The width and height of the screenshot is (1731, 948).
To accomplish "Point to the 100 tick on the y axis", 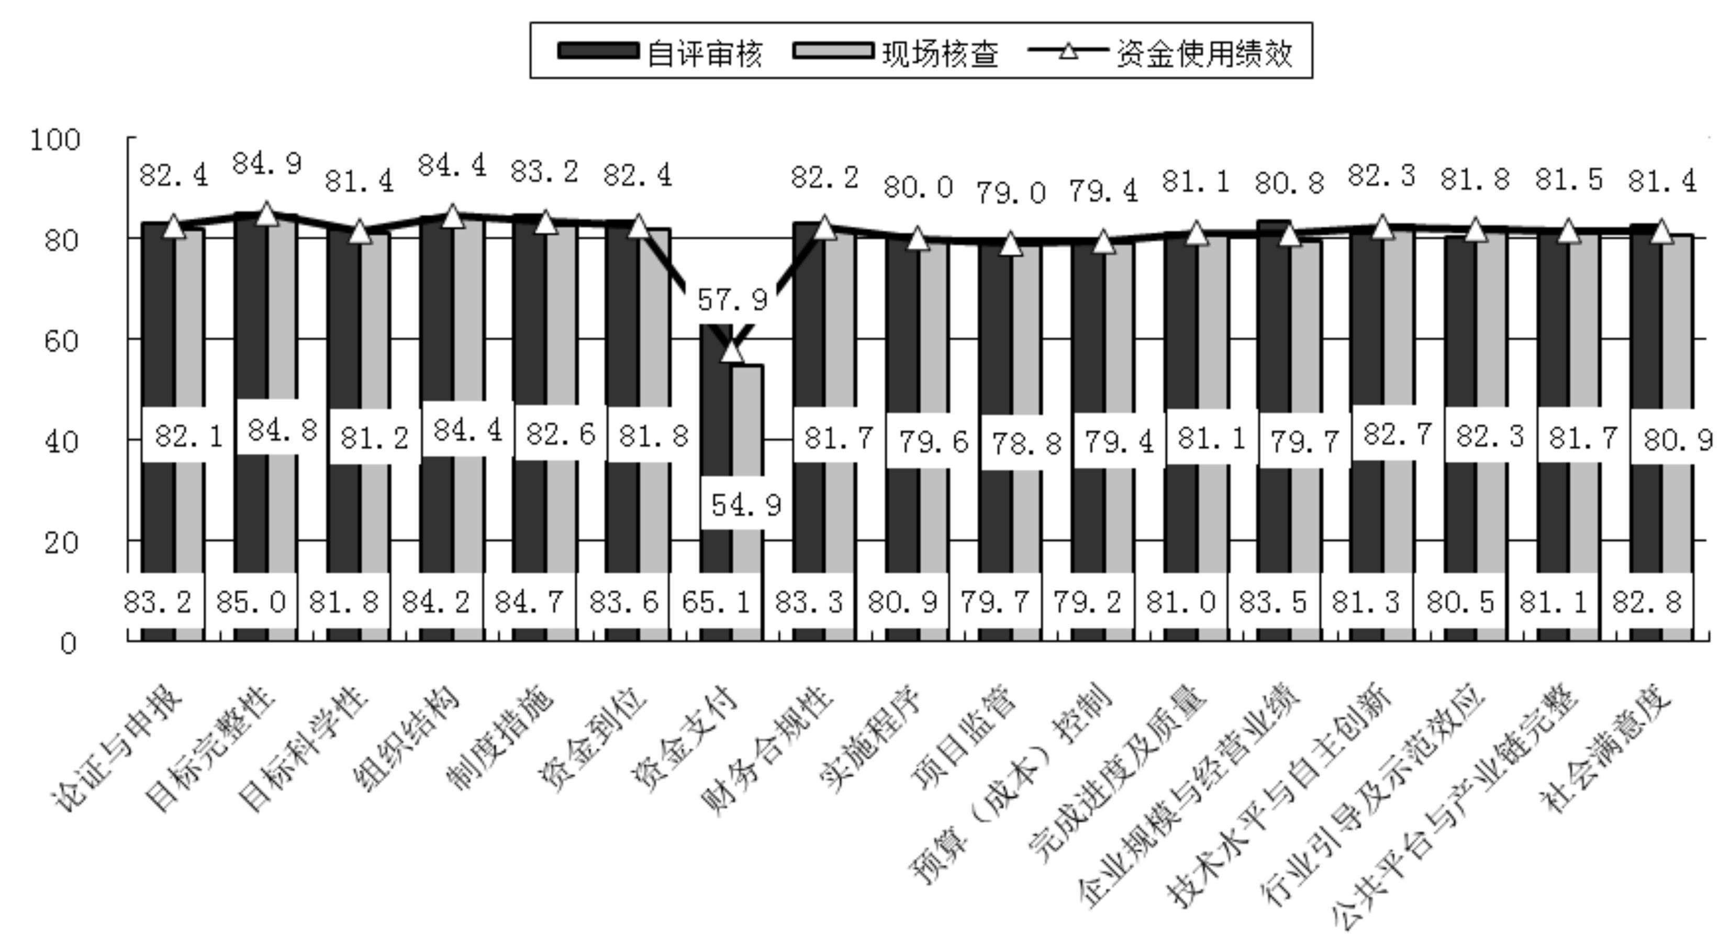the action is click(x=55, y=140).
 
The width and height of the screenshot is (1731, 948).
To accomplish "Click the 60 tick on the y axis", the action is click(x=62, y=341).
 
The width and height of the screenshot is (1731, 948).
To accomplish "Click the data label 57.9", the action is click(x=732, y=299).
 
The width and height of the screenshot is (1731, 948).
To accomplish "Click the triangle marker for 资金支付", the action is click(x=732, y=351).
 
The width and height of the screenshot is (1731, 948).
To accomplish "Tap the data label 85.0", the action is click(x=251, y=602).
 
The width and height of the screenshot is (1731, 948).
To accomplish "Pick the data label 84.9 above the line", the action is click(x=267, y=163).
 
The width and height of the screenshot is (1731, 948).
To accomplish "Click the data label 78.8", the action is click(x=1026, y=443).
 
